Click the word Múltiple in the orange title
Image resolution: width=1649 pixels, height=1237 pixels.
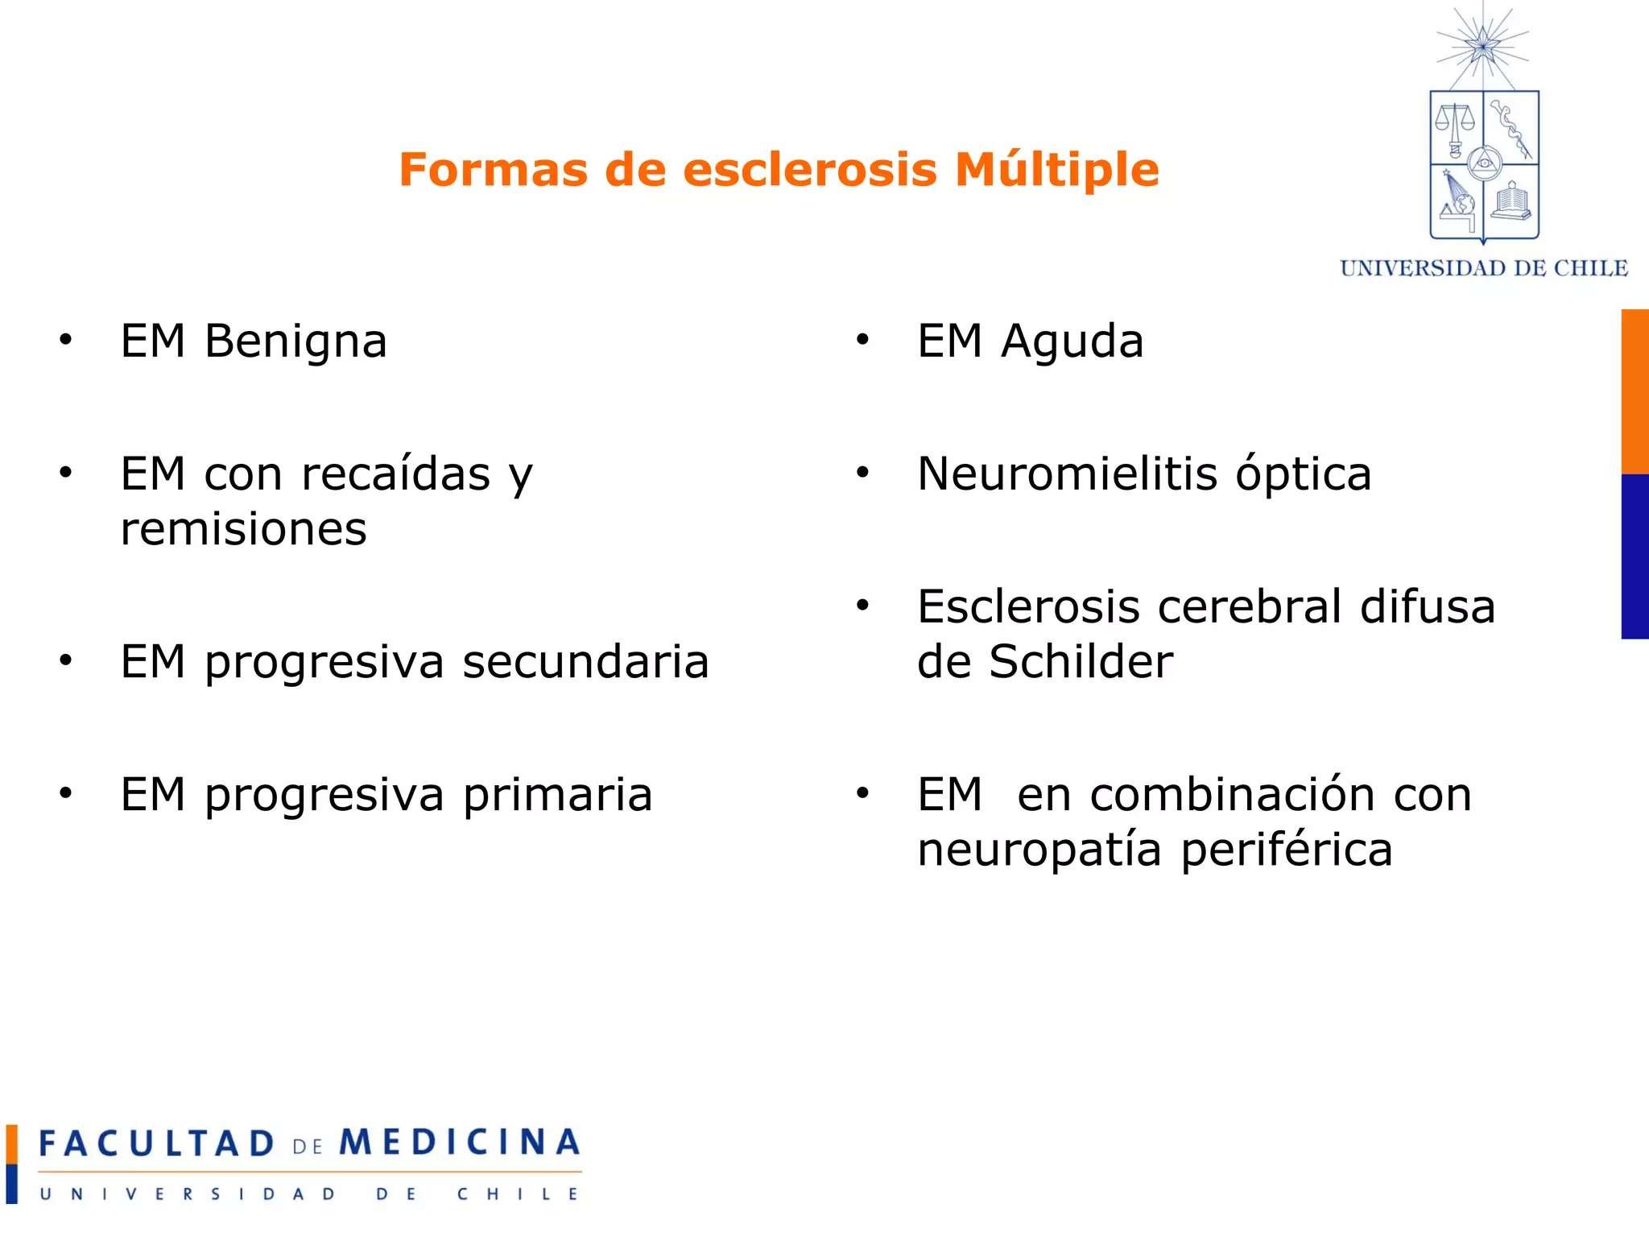(1056, 170)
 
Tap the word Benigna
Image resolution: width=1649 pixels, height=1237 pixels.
(295, 341)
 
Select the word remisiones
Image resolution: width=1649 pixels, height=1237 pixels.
(243, 529)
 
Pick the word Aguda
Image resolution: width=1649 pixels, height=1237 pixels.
(1072, 341)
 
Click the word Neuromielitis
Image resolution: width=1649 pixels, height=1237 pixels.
(1067, 474)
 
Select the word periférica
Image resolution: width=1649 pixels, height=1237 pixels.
(1286, 850)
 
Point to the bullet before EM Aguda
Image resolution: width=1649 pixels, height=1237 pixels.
(862, 340)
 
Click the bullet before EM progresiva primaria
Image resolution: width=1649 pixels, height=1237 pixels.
(65, 793)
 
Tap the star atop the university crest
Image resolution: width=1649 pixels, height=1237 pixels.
(1482, 45)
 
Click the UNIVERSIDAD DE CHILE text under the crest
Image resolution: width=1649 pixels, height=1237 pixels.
(1483, 268)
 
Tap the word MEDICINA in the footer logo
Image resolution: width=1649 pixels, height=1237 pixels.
(459, 1142)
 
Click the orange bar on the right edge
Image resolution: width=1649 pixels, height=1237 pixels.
(1635, 391)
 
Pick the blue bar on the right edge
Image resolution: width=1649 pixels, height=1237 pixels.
(1635, 556)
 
